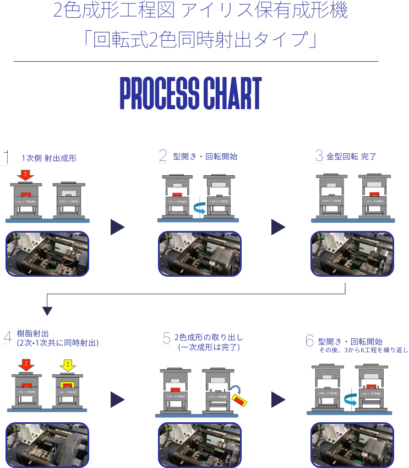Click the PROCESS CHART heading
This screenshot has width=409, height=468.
pos(190,93)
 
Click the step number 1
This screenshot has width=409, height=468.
pos(6,157)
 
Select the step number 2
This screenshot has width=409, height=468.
pos(163,156)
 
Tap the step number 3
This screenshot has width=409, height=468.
pos(319,156)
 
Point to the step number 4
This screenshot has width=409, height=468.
pos(7,337)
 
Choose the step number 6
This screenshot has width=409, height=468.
pos(309,341)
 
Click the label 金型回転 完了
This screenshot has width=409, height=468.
pos(351,157)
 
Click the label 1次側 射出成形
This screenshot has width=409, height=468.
pos(49,158)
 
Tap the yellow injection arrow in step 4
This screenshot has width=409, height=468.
pos(67,365)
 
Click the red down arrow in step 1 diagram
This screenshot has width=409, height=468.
pos(25,176)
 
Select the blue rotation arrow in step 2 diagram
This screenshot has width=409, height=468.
pos(199,208)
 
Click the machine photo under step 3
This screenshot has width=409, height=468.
pos(352,254)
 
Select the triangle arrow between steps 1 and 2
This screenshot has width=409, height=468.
pos(118,227)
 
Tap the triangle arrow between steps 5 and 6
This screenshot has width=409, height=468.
pos(279,400)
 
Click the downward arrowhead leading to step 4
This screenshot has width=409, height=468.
pos(47,311)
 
